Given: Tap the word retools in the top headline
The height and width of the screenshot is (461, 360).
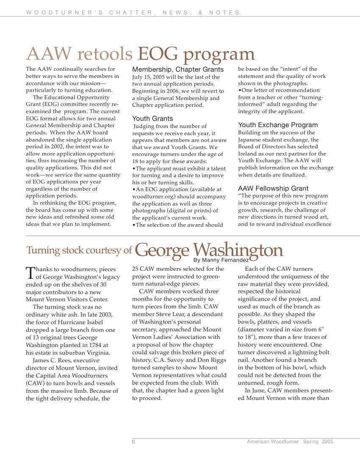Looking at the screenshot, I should pos(105,54).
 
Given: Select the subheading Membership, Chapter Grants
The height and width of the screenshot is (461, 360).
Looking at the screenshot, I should pos(178,69).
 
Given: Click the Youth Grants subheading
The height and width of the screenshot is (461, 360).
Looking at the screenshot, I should pos(152,119).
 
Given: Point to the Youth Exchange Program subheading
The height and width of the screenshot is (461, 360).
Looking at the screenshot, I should pos(278,125).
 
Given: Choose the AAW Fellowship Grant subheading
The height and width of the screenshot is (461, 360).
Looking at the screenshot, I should pos(273,189).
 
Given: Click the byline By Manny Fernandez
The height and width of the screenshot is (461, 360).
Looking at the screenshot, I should pos(221,260).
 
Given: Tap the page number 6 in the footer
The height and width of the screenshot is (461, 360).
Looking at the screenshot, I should pos(133,442).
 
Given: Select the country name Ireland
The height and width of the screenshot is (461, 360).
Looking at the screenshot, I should pos(247,154).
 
